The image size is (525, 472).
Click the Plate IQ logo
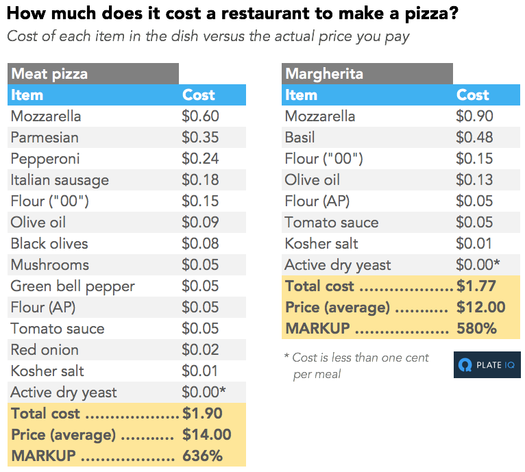click(487, 364)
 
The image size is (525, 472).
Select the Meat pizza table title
click(49, 74)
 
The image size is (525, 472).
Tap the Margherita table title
click(324, 74)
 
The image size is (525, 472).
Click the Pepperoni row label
click(45, 159)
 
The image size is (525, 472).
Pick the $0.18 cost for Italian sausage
click(200, 180)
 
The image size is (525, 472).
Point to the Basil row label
click(300, 138)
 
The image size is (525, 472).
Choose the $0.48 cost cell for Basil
click(474, 138)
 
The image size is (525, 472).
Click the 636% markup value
click(202, 456)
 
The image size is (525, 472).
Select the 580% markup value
click(476, 329)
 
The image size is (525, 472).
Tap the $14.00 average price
click(206, 435)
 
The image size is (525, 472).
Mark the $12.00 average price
click(480, 308)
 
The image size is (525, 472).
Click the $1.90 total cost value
click(202, 414)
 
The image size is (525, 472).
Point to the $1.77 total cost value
click(476, 286)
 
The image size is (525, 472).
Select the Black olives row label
click(49, 244)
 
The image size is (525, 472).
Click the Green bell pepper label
click(73, 286)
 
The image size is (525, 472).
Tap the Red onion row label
click(45, 350)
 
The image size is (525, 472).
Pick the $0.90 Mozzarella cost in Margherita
click(474, 116)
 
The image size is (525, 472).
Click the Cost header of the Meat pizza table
click(199, 95)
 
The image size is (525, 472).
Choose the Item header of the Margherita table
click(301, 95)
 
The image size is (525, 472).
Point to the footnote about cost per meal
click(356, 365)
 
